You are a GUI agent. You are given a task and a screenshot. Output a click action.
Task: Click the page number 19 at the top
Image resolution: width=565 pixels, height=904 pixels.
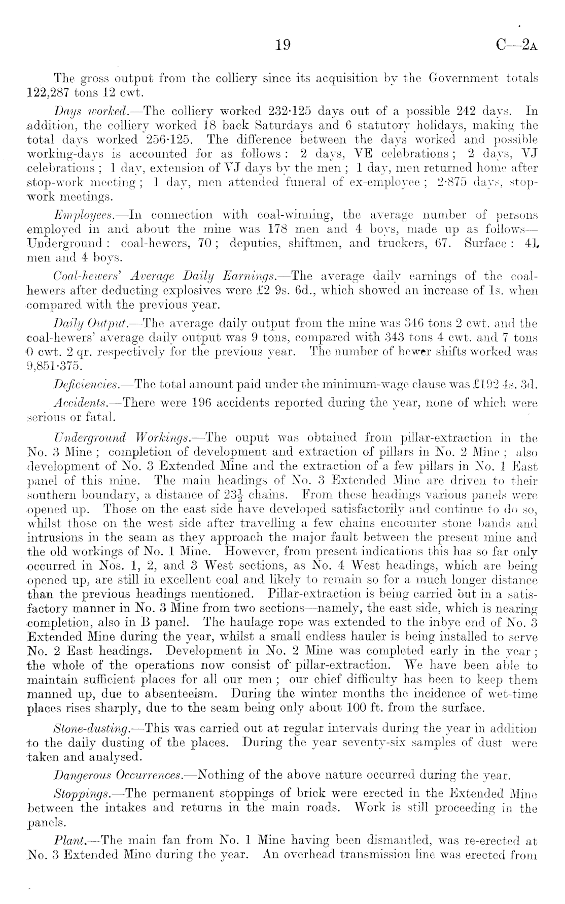click(282, 46)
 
